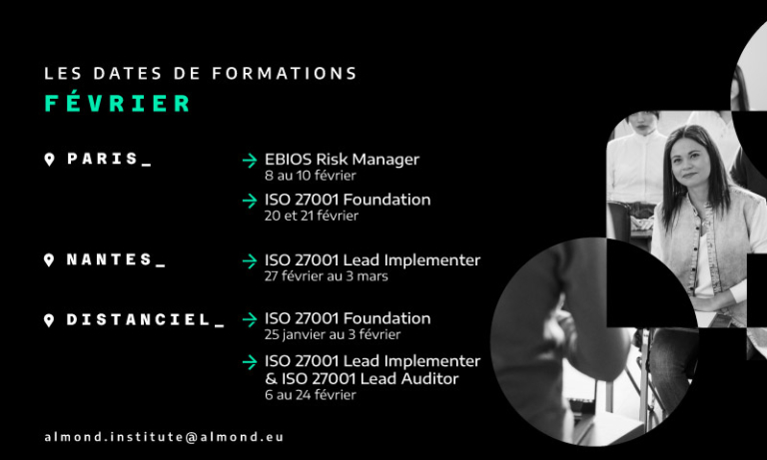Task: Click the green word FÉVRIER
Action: [x=118, y=103]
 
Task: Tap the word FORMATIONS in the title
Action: [x=285, y=73]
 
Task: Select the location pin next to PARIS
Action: [x=49, y=160]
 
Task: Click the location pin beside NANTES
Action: [x=49, y=260]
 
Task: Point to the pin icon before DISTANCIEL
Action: [x=49, y=320]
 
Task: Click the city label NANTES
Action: [x=110, y=259]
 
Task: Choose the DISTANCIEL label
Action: [x=139, y=319]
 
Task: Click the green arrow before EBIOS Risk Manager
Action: [x=250, y=161]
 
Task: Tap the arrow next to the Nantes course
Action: [x=250, y=261]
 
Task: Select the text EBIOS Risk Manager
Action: [x=342, y=160]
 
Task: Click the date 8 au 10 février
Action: [x=311, y=176]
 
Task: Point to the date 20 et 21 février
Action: [x=312, y=216]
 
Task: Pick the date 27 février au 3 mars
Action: [x=327, y=276]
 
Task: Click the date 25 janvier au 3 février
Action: [x=333, y=334]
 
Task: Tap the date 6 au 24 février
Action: [x=311, y=395]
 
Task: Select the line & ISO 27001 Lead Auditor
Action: [x=362, y=379]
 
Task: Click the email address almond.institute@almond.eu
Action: [x=164, y=437]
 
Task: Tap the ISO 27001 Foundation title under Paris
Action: [x=348, y=200]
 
